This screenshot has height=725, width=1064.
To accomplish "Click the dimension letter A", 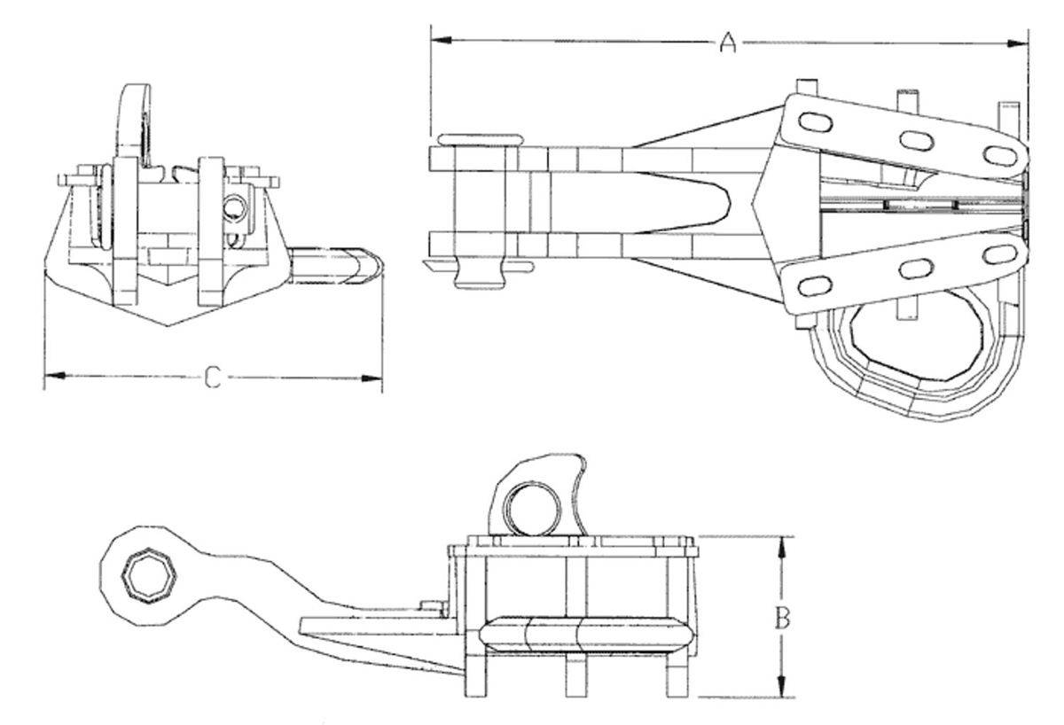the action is [728, 42].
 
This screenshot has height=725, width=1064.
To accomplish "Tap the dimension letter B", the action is [782, 617].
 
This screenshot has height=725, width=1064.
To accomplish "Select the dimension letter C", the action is [213, 378].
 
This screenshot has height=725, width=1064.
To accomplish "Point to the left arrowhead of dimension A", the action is [441, 42].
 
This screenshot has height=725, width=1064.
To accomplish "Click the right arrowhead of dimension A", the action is [1018, 43].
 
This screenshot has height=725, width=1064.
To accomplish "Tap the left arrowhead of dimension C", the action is [55, 376].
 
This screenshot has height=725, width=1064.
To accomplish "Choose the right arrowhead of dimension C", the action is [372, 378].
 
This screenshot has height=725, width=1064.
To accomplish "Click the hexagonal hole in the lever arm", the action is [150, 576].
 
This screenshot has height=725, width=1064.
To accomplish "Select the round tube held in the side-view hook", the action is [531, 509].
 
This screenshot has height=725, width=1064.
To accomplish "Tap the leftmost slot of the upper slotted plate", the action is [815, 122].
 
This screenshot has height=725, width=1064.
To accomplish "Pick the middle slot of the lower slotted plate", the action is [916, 269].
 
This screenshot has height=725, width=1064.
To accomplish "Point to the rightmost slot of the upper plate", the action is [999, 156].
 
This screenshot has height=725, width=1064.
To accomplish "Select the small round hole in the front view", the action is [235, 208].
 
